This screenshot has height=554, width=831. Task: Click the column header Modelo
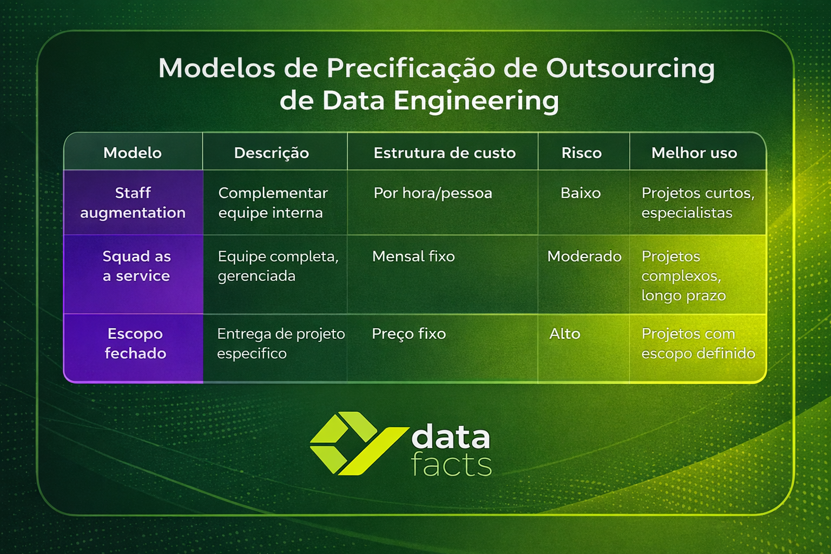pyautogui.click(x=133, y=153)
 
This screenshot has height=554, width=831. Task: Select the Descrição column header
pyautogui.click(x=272, y=153)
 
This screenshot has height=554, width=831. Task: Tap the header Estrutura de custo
pyautogui.click(x=444, y=153)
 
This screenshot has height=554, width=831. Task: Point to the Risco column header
pyautogui.click(x=582, y=153)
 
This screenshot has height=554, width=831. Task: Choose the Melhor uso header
pyautogui.click(x=694, y=153)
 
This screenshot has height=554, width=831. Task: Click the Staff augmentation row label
pyautogui.click(x=133, y=203)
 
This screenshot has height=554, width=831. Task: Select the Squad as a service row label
pyautogui.click(x=136, y=266)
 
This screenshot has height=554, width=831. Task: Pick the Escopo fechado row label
pyautogui.click(x=135, y=344)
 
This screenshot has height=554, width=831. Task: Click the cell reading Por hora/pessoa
pyautogui.click(x=433, y=193)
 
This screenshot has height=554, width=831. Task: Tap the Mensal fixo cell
pyautogui.click(x=413, y=256)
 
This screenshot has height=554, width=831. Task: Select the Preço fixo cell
pyautogui.click(x=408, y=334)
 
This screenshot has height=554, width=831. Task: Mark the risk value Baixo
pyautogui.click(x=581, y=193)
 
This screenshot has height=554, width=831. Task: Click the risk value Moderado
pyautogui.click(x=584, y=256)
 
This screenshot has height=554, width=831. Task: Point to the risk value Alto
pyautogui.click(x=565, y=334)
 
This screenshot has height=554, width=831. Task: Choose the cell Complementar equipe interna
pyautogui.click(x=273, y=203)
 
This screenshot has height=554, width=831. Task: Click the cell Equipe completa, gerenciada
pyautogui.click(x=278, y=266)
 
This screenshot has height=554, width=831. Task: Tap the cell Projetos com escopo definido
pyautogui.click(x=698, y=344)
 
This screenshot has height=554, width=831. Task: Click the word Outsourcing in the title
pyautogui.click(x=630, y=69)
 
